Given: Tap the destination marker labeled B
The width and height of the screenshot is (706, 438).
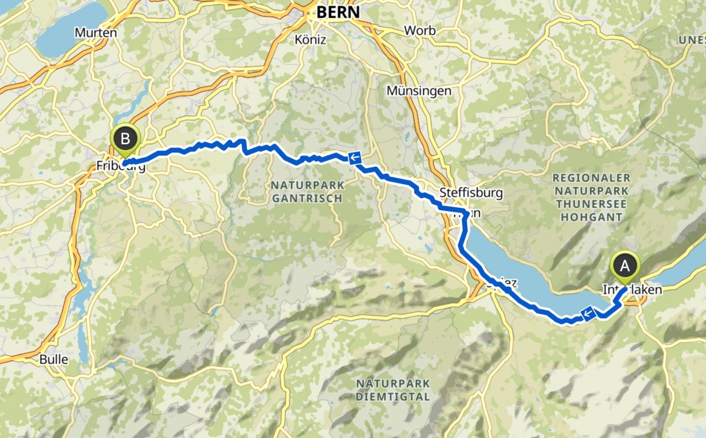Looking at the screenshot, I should tap(125, 137).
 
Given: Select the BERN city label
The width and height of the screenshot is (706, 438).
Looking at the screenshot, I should tap(338, 12).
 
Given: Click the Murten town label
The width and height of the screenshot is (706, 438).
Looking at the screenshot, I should tap(96, 33).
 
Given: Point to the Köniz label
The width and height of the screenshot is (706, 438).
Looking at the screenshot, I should tap(311, 40).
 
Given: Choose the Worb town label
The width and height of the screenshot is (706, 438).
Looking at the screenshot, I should tap(420, 30).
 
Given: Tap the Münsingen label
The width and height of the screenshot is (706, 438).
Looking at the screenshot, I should tap(419, 91).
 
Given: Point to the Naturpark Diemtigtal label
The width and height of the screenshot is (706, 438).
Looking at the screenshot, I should tap(393, 390).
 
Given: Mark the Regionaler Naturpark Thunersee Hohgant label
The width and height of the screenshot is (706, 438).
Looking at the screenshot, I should tap(592, 197).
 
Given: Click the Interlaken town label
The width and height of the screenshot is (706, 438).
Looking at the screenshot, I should tap(632, 291).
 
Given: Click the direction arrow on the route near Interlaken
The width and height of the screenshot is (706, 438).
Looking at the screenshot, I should tap(587, 313).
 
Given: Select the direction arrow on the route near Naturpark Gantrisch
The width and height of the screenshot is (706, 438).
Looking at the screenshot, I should tap(354, 158).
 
